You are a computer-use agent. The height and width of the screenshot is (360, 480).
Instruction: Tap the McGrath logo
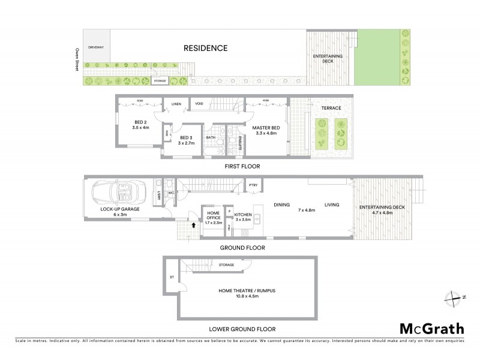coord(432,328)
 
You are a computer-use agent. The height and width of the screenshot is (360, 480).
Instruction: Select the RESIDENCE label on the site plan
coord(206,48)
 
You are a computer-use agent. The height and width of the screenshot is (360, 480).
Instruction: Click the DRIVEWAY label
coord(96,46)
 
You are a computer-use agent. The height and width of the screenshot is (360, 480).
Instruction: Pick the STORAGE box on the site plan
coord(160,80)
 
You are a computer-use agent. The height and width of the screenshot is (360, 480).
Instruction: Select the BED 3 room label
coord(186,140)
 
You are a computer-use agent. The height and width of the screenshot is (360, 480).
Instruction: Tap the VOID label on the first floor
coord(199,103)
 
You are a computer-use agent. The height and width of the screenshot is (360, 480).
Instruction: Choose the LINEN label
coord(176,103)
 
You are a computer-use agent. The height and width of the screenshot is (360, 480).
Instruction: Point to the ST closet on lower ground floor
coord(172,277)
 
